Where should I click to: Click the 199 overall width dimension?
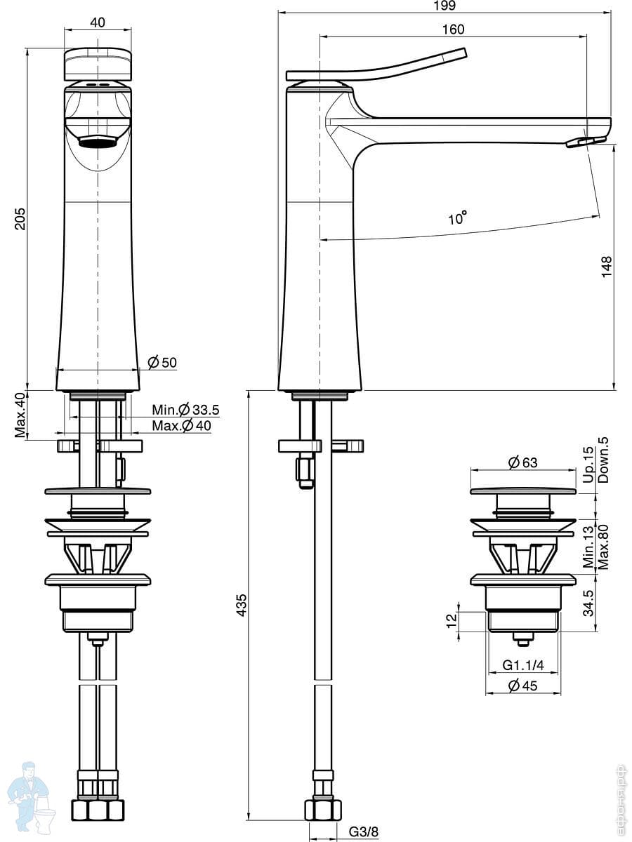(x=445, y=6)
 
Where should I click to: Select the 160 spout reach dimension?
(x=453, y=29)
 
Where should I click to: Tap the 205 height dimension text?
(x=20, y=219)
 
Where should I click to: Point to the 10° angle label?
(x=458, y=218)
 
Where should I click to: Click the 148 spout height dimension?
(x=606, y=267)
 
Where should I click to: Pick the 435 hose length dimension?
(x=242, y=606)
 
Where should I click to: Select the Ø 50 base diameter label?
(x=162, y=362)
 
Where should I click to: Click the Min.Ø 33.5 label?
(x=185, y=410)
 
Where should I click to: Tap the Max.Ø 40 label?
(x=181, y=425)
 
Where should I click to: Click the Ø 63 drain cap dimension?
(x=522, y=462)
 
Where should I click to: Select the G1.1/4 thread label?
(x=523, y=665)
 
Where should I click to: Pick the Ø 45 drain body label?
(x=522, y=686)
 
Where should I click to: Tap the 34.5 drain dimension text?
(x=588, y=603)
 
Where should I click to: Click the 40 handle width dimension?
(x=98, y=22)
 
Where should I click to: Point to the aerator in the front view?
(x=98, y=141)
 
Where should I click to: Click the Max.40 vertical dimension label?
(x=20, y=415)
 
